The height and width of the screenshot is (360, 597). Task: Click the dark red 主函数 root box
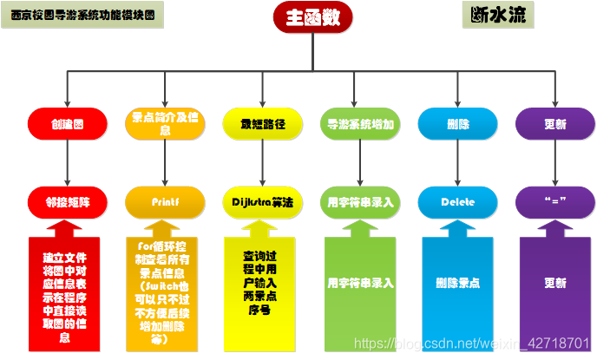click(313, 18)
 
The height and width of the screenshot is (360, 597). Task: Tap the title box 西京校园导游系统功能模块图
click(82, 15)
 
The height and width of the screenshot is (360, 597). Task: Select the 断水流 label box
click(497, 15)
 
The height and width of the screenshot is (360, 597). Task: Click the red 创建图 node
click(67, 124)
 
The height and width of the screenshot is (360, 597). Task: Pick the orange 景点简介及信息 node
click(165, 124)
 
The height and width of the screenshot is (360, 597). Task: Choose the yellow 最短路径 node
click(263, 124)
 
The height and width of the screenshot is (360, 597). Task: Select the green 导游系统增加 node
click(360, 124)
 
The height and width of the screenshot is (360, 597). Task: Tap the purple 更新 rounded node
click(555, 124)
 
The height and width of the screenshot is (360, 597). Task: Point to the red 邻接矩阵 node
click(67, 202)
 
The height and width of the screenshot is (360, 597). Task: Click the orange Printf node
click(165, 202)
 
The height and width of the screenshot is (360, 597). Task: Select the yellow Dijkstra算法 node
click(263, 202)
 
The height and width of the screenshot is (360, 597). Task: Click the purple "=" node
click(555, 202)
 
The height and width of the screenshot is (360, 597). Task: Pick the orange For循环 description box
click(165, 291)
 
